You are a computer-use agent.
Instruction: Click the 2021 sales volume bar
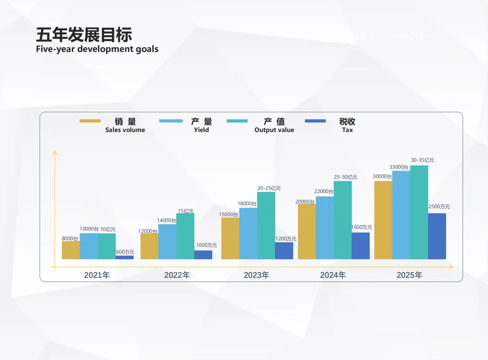70,250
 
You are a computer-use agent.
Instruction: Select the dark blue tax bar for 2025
437,236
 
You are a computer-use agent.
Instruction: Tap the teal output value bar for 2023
266,226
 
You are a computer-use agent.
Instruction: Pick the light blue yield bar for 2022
167,242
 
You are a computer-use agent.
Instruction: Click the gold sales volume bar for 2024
307,232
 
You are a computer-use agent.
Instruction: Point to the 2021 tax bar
124,257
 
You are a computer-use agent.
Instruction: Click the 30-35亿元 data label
422,160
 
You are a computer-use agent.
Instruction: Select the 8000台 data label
70,238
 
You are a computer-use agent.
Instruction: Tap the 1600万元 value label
361,227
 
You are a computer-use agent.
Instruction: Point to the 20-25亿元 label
269,188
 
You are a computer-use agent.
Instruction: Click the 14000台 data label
167,221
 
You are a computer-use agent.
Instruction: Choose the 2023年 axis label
256,275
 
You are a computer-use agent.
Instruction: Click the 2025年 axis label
409,275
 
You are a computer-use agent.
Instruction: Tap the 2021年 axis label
97,275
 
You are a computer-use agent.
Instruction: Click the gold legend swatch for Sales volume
90,121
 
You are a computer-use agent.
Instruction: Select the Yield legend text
202,130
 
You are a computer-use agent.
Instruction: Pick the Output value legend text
274,130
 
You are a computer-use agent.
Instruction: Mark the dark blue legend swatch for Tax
315,121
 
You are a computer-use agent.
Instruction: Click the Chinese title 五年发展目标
84,35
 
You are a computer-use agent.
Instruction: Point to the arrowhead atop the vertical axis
55,153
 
